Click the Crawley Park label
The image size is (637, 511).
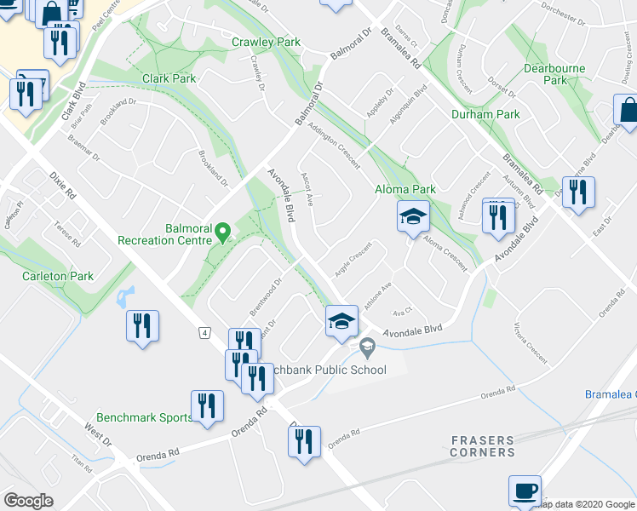point(266,42)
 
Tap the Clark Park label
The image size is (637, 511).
point(169,79)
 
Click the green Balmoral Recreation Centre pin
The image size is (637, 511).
point(223,231)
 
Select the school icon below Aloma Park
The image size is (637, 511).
point(412,217)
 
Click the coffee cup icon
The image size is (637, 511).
point(525,491)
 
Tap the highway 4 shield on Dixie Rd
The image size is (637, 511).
point(205,331)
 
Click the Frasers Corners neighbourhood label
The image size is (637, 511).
point(483,446)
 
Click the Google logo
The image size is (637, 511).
point(29,500)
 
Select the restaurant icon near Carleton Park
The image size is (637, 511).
point(142,326)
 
